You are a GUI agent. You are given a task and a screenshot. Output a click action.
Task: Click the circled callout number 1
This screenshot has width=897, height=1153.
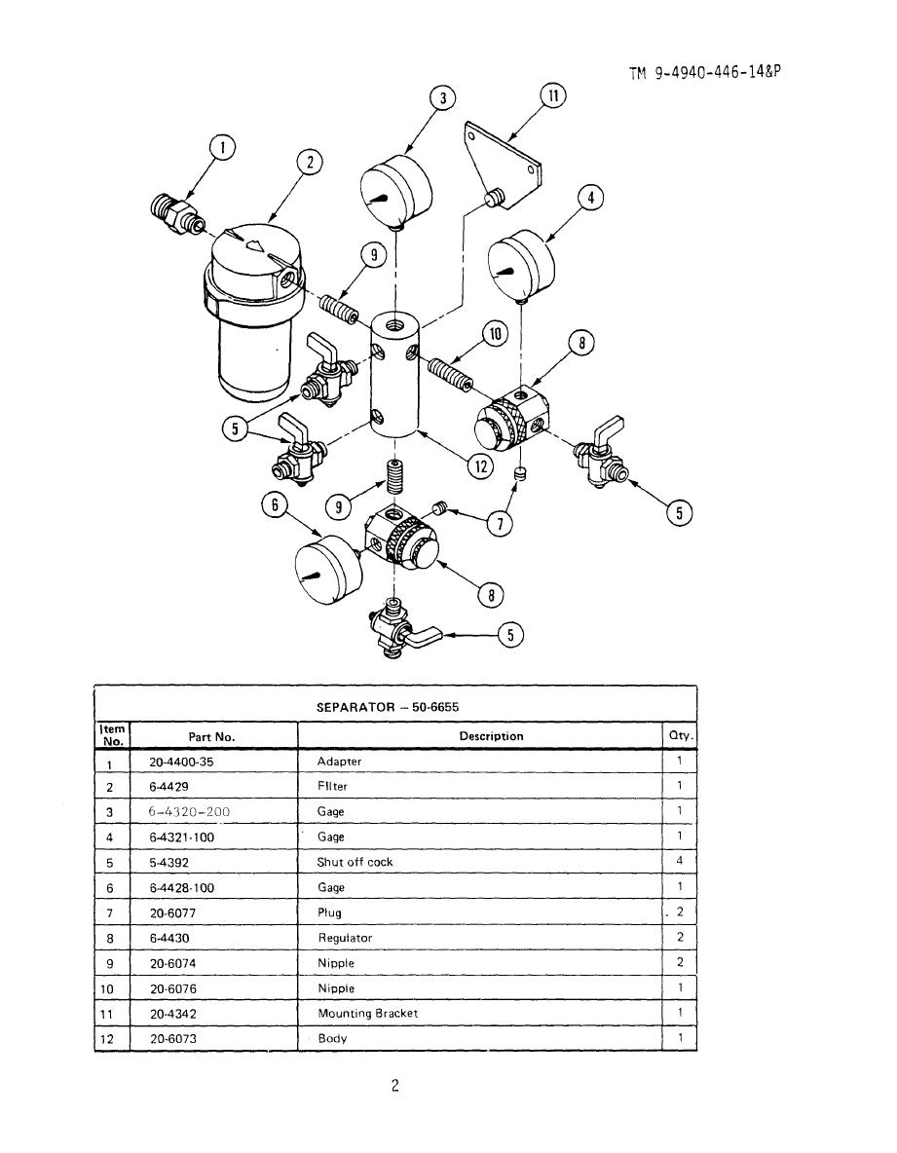[x=222, y=147]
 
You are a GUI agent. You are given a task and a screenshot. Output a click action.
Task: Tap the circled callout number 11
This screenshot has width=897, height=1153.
[x=553, y=96]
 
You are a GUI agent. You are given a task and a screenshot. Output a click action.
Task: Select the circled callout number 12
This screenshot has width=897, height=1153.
[x=481, y=466]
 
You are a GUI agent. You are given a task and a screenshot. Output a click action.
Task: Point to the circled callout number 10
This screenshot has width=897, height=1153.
[x=496, y=333]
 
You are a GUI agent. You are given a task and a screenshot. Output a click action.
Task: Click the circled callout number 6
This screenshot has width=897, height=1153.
[x=275, y=504]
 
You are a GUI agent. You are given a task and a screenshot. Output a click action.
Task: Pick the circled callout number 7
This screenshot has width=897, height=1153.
[x=501, y=523]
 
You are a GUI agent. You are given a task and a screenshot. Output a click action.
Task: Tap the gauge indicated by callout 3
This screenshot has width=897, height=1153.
[x=395, y=191]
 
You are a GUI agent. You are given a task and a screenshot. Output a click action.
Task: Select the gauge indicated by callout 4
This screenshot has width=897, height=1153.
[x=520, y=266]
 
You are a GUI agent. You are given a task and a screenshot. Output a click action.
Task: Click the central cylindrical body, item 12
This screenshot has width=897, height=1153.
[x=394, y=375]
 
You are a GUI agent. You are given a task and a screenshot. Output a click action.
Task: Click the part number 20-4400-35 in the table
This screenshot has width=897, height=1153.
[x=181, y=762]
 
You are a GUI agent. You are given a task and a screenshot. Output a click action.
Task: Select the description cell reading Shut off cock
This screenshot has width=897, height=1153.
[x=355, y=862]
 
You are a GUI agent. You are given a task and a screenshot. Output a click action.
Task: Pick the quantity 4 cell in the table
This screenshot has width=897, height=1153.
[x=680, y=860]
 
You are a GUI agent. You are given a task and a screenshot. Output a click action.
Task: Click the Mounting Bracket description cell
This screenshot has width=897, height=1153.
[x=367, y=1014]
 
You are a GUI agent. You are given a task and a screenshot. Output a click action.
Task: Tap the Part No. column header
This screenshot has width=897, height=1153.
[x=211, y=737]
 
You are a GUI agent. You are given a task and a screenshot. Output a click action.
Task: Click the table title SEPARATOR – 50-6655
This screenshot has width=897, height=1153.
[x=388, y=707]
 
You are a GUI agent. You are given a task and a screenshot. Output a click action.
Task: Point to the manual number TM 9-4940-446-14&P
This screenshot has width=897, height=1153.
[x=703, y=72]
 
